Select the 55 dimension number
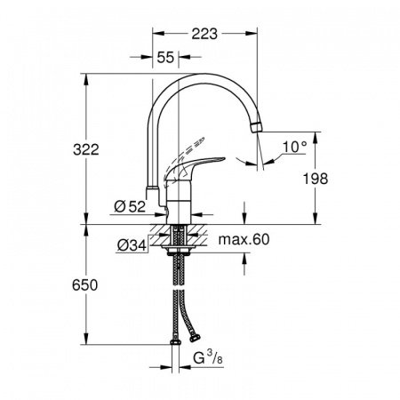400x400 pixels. pos(165,56)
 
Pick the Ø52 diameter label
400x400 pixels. pos(130,207)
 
